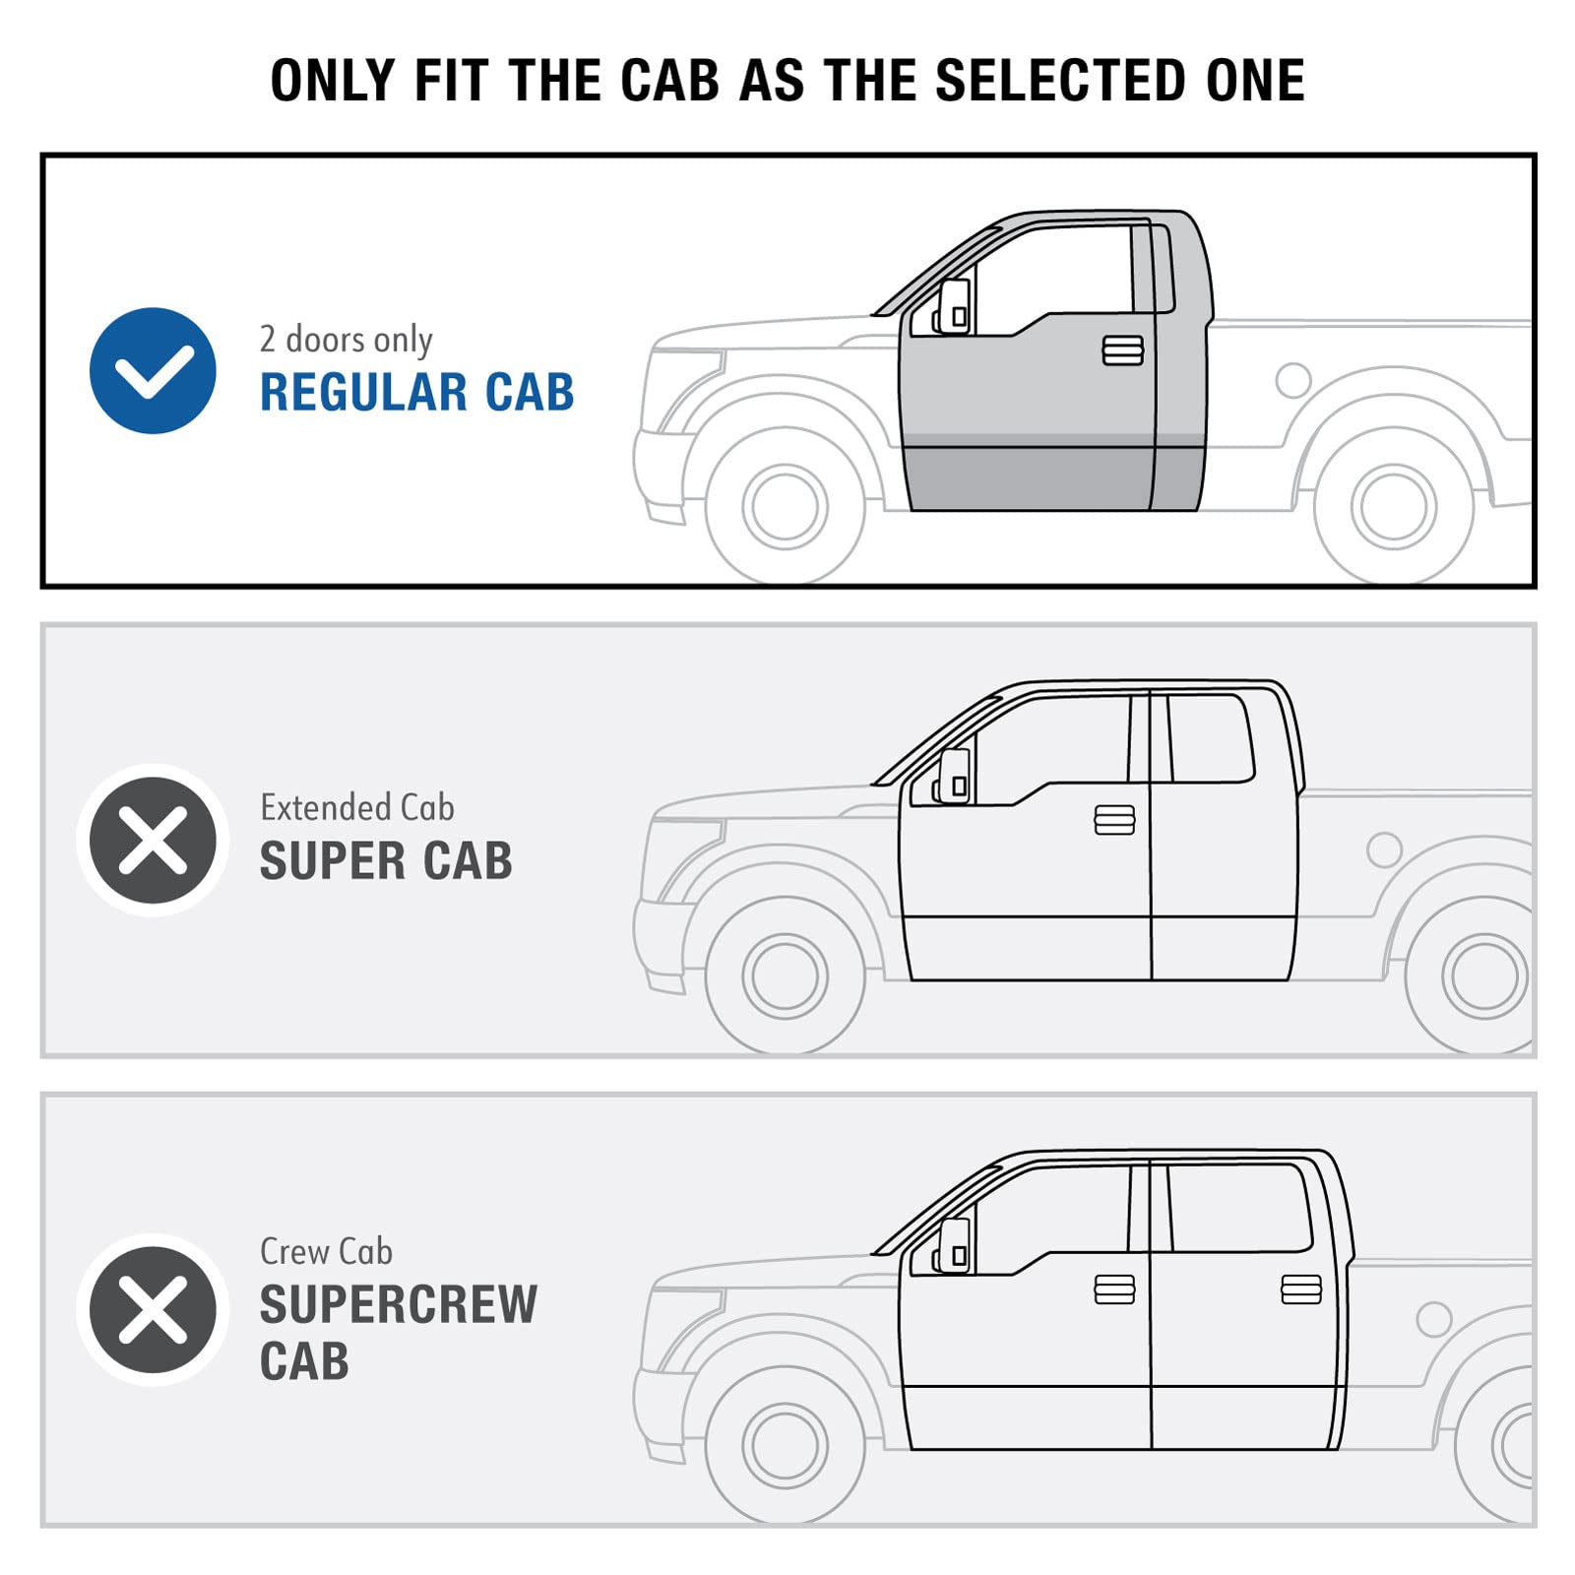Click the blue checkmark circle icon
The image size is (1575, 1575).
tap(153, 370)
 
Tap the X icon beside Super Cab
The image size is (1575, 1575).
tap(153, 841)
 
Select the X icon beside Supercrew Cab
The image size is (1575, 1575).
tap(153, 1309)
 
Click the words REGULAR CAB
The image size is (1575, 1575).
tap(416, 392)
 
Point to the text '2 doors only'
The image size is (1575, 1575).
tap(346, 340)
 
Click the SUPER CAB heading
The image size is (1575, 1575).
tap(386, 860)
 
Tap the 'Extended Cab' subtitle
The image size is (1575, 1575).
tap(357, 807)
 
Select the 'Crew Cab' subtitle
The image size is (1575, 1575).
tap(326, 1251)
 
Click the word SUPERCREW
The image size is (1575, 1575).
tap(399, 1304)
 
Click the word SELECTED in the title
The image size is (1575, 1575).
tap(1061, 81)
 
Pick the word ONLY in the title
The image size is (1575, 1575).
tap(333, 81)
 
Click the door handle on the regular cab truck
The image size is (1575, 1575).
tap(1123, 350)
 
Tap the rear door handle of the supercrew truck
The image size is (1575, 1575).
tap(1301, 1289)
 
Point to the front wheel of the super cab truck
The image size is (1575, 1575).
tap(786, 976)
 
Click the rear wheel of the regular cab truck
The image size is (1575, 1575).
tap(1394, 506)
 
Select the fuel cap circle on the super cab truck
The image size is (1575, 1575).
tap(1385, 850)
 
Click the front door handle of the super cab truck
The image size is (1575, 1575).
tap(1114, 820)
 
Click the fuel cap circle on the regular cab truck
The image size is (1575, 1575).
tap(1293, 380)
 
